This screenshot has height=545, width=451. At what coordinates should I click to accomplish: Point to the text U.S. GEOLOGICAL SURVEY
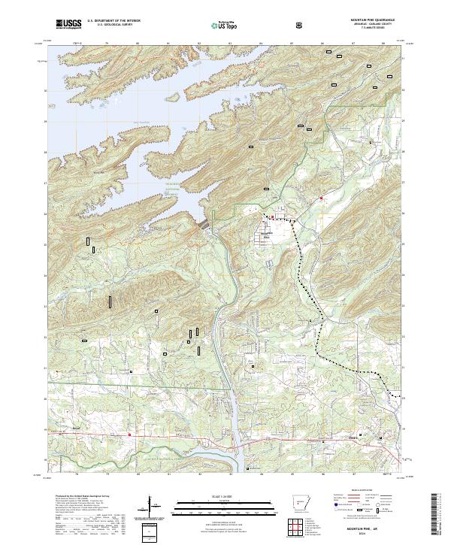(113, 26)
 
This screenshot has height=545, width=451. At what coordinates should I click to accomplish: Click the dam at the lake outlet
(204, 225)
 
